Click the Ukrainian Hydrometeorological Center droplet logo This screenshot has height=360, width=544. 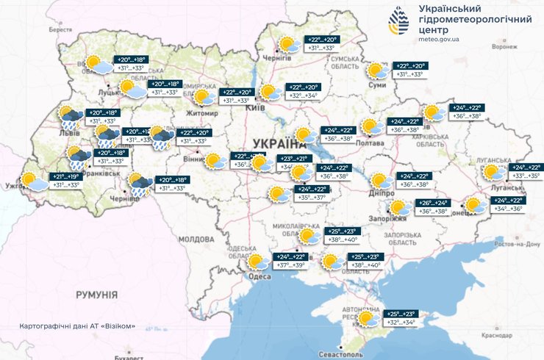[x=401, y=23]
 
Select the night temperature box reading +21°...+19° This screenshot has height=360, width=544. [x=64, y=176]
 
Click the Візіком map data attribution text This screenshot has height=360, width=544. [x=77, y=325]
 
